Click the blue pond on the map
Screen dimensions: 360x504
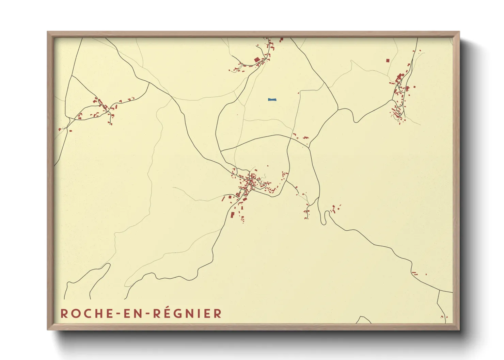pos(272,100)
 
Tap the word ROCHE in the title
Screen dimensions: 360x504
pos(86,313)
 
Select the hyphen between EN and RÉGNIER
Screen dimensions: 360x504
pos(147,314)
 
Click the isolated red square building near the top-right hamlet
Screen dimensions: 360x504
pos(388,61)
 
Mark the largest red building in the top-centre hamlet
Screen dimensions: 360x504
pos(257,60)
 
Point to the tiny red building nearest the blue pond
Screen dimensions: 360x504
pos(299,93)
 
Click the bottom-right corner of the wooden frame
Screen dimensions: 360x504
pos(459,329)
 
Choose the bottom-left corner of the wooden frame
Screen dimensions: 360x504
pos(48,329)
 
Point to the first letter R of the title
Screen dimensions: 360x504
pos(64,313)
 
